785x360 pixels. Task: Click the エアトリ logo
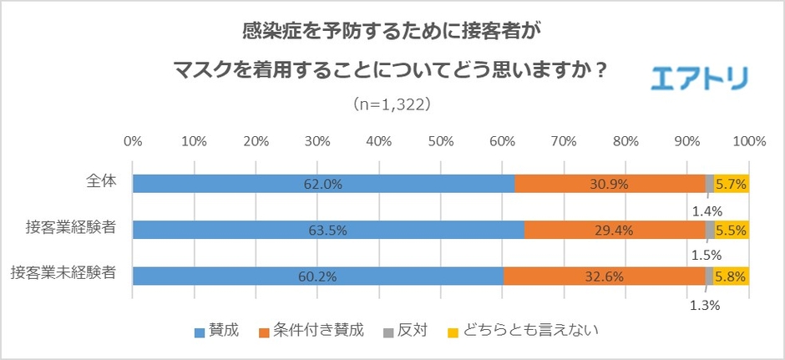tap(699, 78)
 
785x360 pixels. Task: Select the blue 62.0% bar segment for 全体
tap(323, 184)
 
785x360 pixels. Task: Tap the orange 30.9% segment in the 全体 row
tap(610, 184)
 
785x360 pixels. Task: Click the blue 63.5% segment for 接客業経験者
tap(328, 229)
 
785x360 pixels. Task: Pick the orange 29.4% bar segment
tap(614, 229)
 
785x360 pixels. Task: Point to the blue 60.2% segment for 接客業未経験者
tap(318, 275)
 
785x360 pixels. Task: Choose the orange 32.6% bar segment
tap(604, 275)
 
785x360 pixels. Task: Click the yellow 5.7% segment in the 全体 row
tap(732, 184)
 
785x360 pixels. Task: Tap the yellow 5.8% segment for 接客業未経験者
tap(732, 275)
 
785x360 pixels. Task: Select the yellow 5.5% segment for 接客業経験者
tap(732, 229)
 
